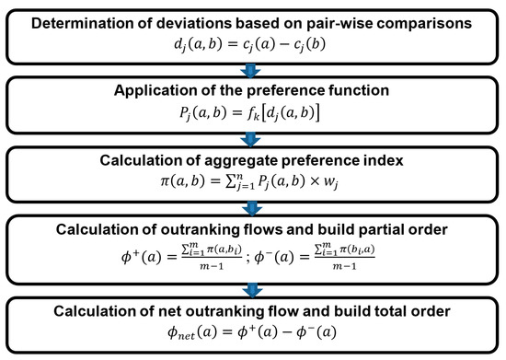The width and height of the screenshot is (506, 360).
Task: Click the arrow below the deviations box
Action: (252, 68)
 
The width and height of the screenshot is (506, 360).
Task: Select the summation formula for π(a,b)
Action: (252, 186)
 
